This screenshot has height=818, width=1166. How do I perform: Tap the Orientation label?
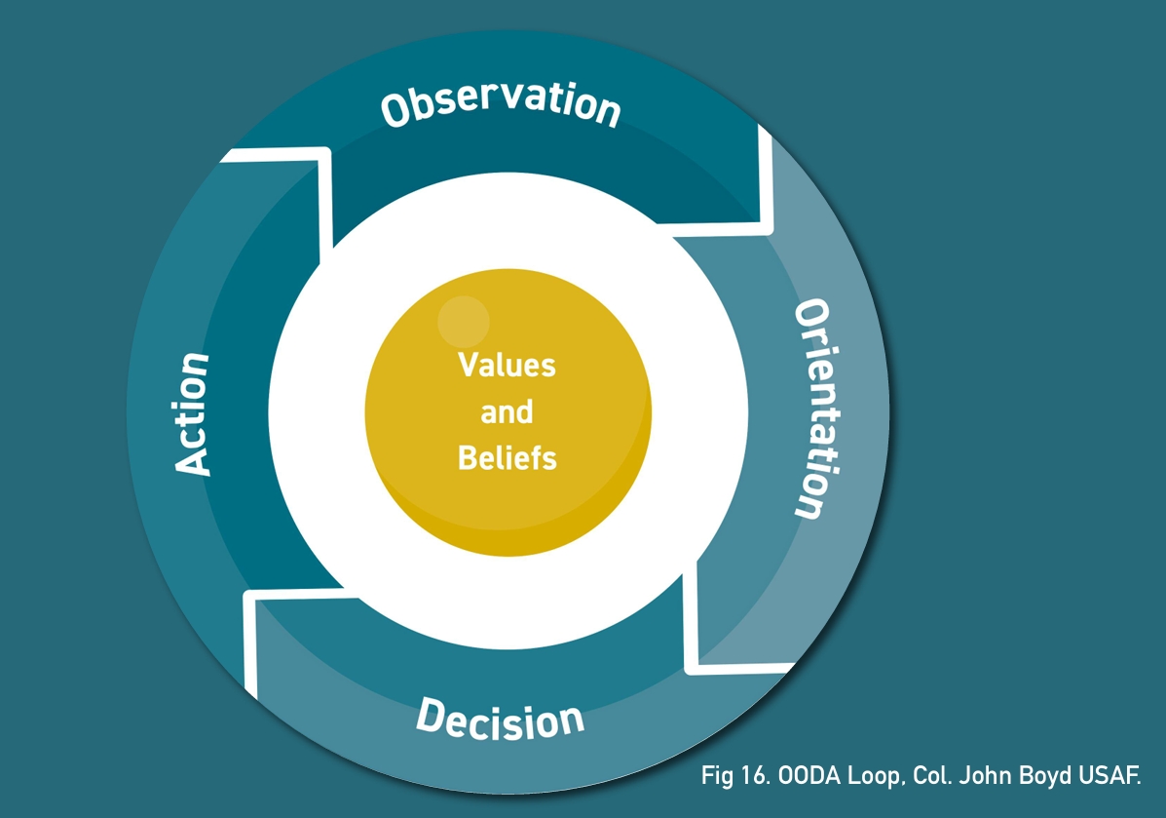click(x=816, y=409)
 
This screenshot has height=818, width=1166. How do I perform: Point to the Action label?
click(x=193, y=413)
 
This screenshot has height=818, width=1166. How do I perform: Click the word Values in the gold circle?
click(x=508, y=366)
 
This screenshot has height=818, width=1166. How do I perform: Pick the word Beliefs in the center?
click(x=508, y=456)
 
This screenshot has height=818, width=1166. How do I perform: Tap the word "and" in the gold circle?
click(x=507, y=411)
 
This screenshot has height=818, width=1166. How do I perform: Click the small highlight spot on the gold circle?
click(x=463, y=322)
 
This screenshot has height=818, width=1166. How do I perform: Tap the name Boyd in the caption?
click(x=1033, y=777)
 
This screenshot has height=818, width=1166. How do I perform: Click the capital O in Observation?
click(x=396, y=111)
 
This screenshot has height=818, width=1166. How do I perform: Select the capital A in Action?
click(x=193, y=460)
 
